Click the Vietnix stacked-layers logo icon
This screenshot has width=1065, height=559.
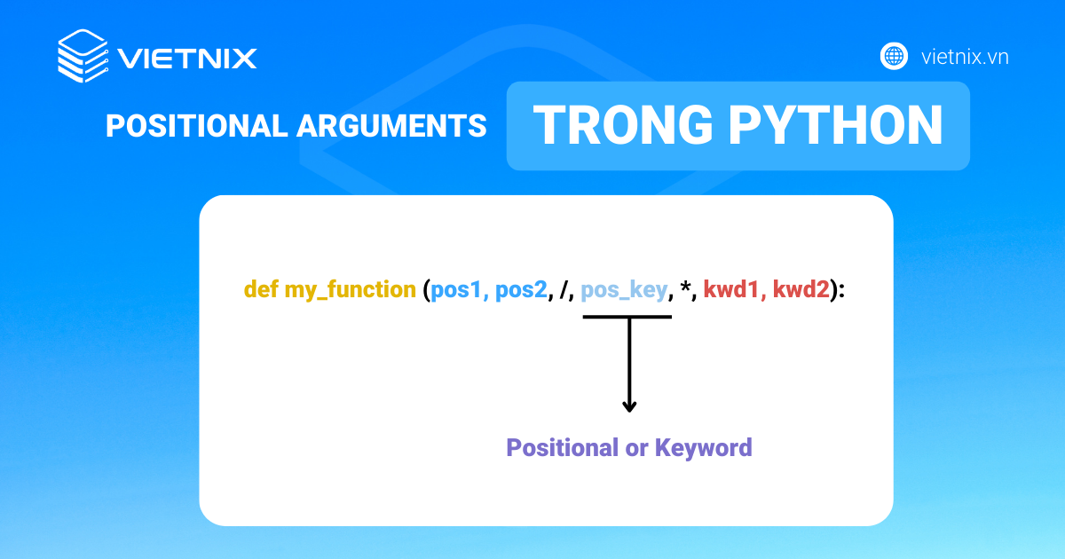pyautogui.click(x=83, y=56)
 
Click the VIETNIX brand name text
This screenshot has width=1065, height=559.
pyautogui.click(x=187, y=59)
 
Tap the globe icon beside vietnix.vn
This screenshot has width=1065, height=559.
pyautogui.click(x=894, y=56)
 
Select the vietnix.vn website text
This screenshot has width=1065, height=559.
pyautogui.click(x=965, y=57)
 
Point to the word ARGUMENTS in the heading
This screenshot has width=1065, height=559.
pyautogui.click(x=391, y=126)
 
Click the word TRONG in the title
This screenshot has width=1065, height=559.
pyautogui.click(x=623, y=124)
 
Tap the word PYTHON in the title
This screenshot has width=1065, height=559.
pyautogui.click(x=836, y=124)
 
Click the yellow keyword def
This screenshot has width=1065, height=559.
pyautogui.click(x=261, y=289)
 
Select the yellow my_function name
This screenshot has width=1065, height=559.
pyautogui.click(x=351, y=289)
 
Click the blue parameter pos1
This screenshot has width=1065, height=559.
pyautogui.click(x=456, y=290)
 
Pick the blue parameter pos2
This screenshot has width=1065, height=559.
pyautogui.click(x=522, y=290)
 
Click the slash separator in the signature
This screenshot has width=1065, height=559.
pyautogui.click(x=564, y=289)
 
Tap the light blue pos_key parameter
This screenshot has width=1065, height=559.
pyautogui.click(x=624, y=290)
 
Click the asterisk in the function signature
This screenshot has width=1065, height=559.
pyautogui.click(x=685, y=286)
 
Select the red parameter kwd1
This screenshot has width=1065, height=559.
pyautogui.click(x=730, y=289)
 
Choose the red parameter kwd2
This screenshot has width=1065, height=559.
pyautogui.click(x=801, y=289)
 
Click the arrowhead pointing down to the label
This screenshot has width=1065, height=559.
pyautogui.click(x=629, y=406)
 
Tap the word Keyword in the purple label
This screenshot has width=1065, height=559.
pyautogui.click(x=704, y=448)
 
